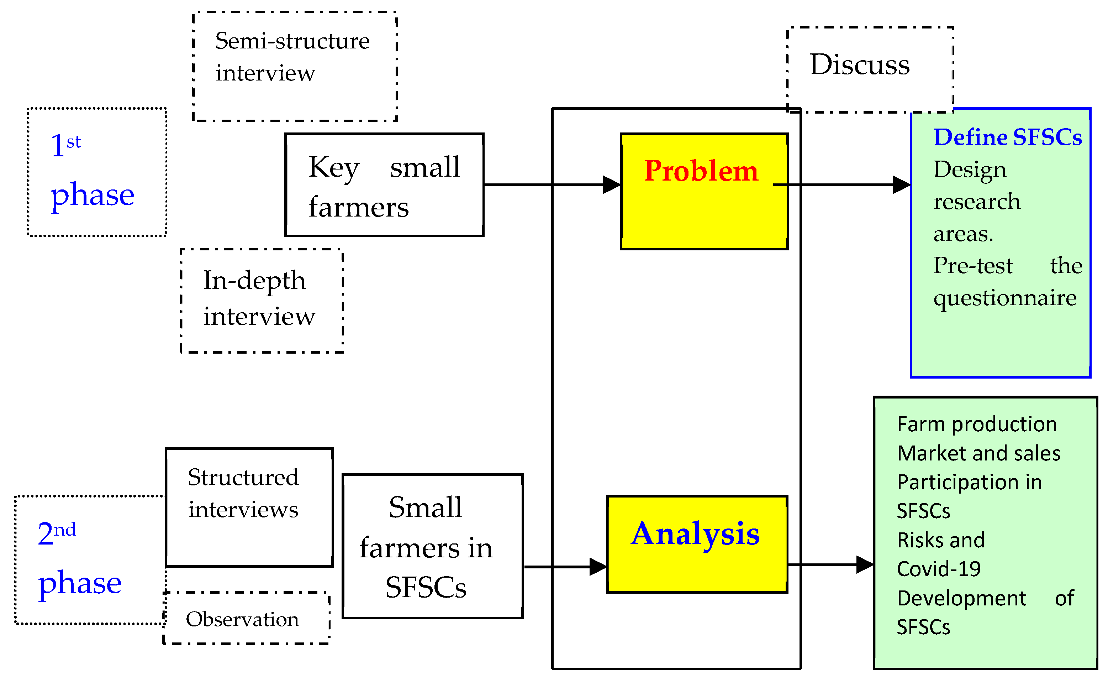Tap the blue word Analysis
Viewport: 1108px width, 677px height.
coord(695,534)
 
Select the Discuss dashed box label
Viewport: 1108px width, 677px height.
coord(859,64)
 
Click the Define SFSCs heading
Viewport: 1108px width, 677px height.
coord(1007,137)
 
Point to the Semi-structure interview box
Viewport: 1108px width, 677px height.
coord(295,66)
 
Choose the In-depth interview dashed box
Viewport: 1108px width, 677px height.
coord(262,300)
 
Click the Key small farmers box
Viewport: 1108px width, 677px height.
coord(384,185)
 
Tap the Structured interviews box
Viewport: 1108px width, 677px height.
coord(249,507)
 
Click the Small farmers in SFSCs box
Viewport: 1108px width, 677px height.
coord(432,546)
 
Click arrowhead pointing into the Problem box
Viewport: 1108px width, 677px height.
coord(612,184)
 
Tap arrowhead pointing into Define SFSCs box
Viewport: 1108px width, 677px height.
coord(902,184)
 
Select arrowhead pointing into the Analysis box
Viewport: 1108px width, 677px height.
coord(598,567)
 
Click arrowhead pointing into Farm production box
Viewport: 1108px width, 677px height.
coord(865,564)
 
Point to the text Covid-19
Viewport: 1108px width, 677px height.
coord(939,569)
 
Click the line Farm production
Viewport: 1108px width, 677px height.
coord(977,425)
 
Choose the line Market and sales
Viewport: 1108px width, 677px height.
coord(978,453)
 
